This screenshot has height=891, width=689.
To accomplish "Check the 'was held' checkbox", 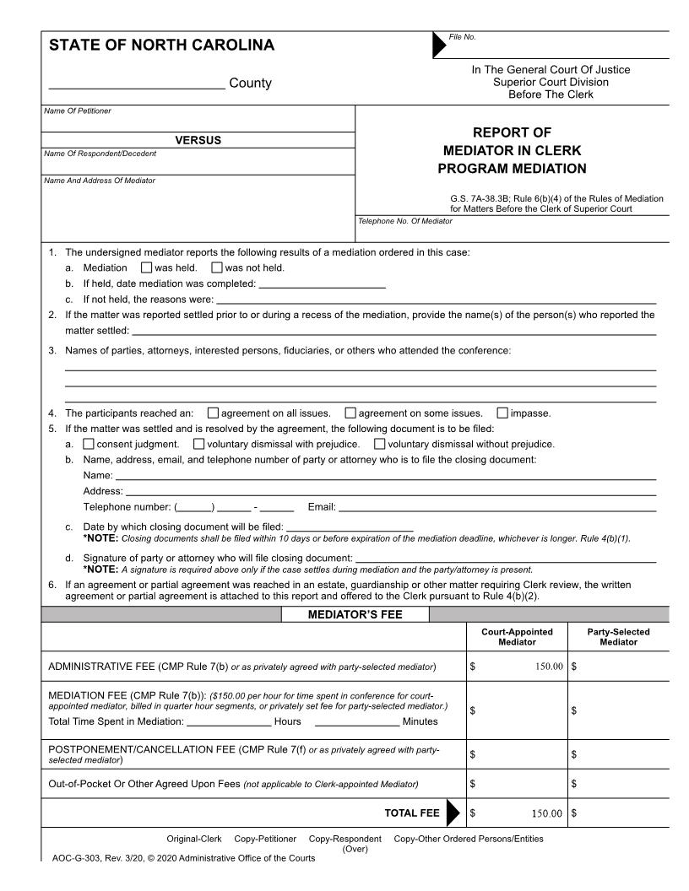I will point(146,268).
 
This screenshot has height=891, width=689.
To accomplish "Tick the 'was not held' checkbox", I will point(217,268).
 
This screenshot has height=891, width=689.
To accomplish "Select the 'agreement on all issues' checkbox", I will point(213,413).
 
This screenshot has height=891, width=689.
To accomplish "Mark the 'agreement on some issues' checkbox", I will point(350,413).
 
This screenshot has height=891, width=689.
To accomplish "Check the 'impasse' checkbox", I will point(502,413).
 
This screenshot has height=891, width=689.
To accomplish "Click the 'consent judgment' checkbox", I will point(89,444).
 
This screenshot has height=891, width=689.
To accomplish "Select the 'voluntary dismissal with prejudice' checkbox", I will point(199,444).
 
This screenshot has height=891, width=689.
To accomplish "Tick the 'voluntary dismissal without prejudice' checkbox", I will point(380,444).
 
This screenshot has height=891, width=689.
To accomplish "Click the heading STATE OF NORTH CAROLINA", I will point(161,46).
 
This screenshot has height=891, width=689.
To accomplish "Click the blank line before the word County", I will point(136,83).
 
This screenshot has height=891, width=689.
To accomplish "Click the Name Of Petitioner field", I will point(198,122).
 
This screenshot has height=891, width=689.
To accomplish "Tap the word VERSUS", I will point(198,140).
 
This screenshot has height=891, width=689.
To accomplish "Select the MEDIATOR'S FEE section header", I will point(355,614).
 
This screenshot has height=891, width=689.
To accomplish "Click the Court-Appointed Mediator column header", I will point(517,637).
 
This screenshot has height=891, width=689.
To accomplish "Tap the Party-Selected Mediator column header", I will point(618,637).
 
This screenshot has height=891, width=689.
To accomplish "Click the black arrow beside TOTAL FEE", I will point(453,813).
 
